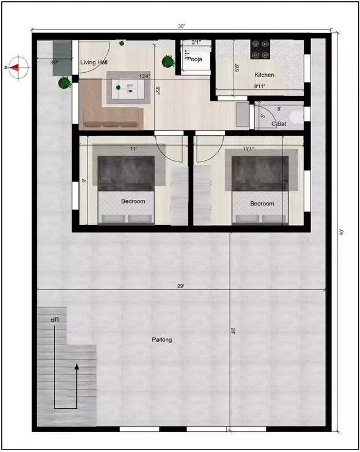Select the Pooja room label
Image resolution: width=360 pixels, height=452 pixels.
point(196,59)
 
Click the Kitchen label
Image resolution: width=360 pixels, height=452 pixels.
point(264,75)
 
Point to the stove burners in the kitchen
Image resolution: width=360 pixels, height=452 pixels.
point(260,49)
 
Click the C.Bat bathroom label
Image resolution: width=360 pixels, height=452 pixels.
point(279,124)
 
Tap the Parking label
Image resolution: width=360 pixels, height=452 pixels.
point(162,339)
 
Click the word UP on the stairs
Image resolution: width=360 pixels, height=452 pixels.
point(54,320)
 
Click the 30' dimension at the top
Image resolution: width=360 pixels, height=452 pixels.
point(182,26)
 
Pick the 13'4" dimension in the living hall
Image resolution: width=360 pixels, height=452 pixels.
point(145,76)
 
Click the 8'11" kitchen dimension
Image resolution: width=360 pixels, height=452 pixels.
point(261,87)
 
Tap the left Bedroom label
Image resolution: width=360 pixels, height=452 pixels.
point(133,201)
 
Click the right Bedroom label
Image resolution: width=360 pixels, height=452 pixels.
point(262,204)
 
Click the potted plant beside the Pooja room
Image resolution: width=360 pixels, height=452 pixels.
point(167,61)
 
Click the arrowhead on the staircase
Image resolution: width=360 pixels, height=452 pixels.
point(76,367)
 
